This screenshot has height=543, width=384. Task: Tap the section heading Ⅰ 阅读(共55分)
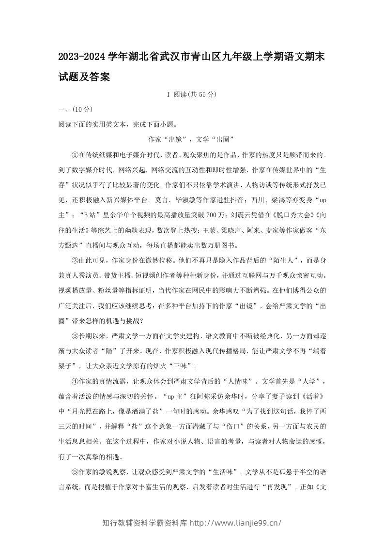(x=192, y=95)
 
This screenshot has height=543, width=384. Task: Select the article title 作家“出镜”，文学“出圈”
(x=192, y=139)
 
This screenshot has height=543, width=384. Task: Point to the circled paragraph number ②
(x=75, y=260)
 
